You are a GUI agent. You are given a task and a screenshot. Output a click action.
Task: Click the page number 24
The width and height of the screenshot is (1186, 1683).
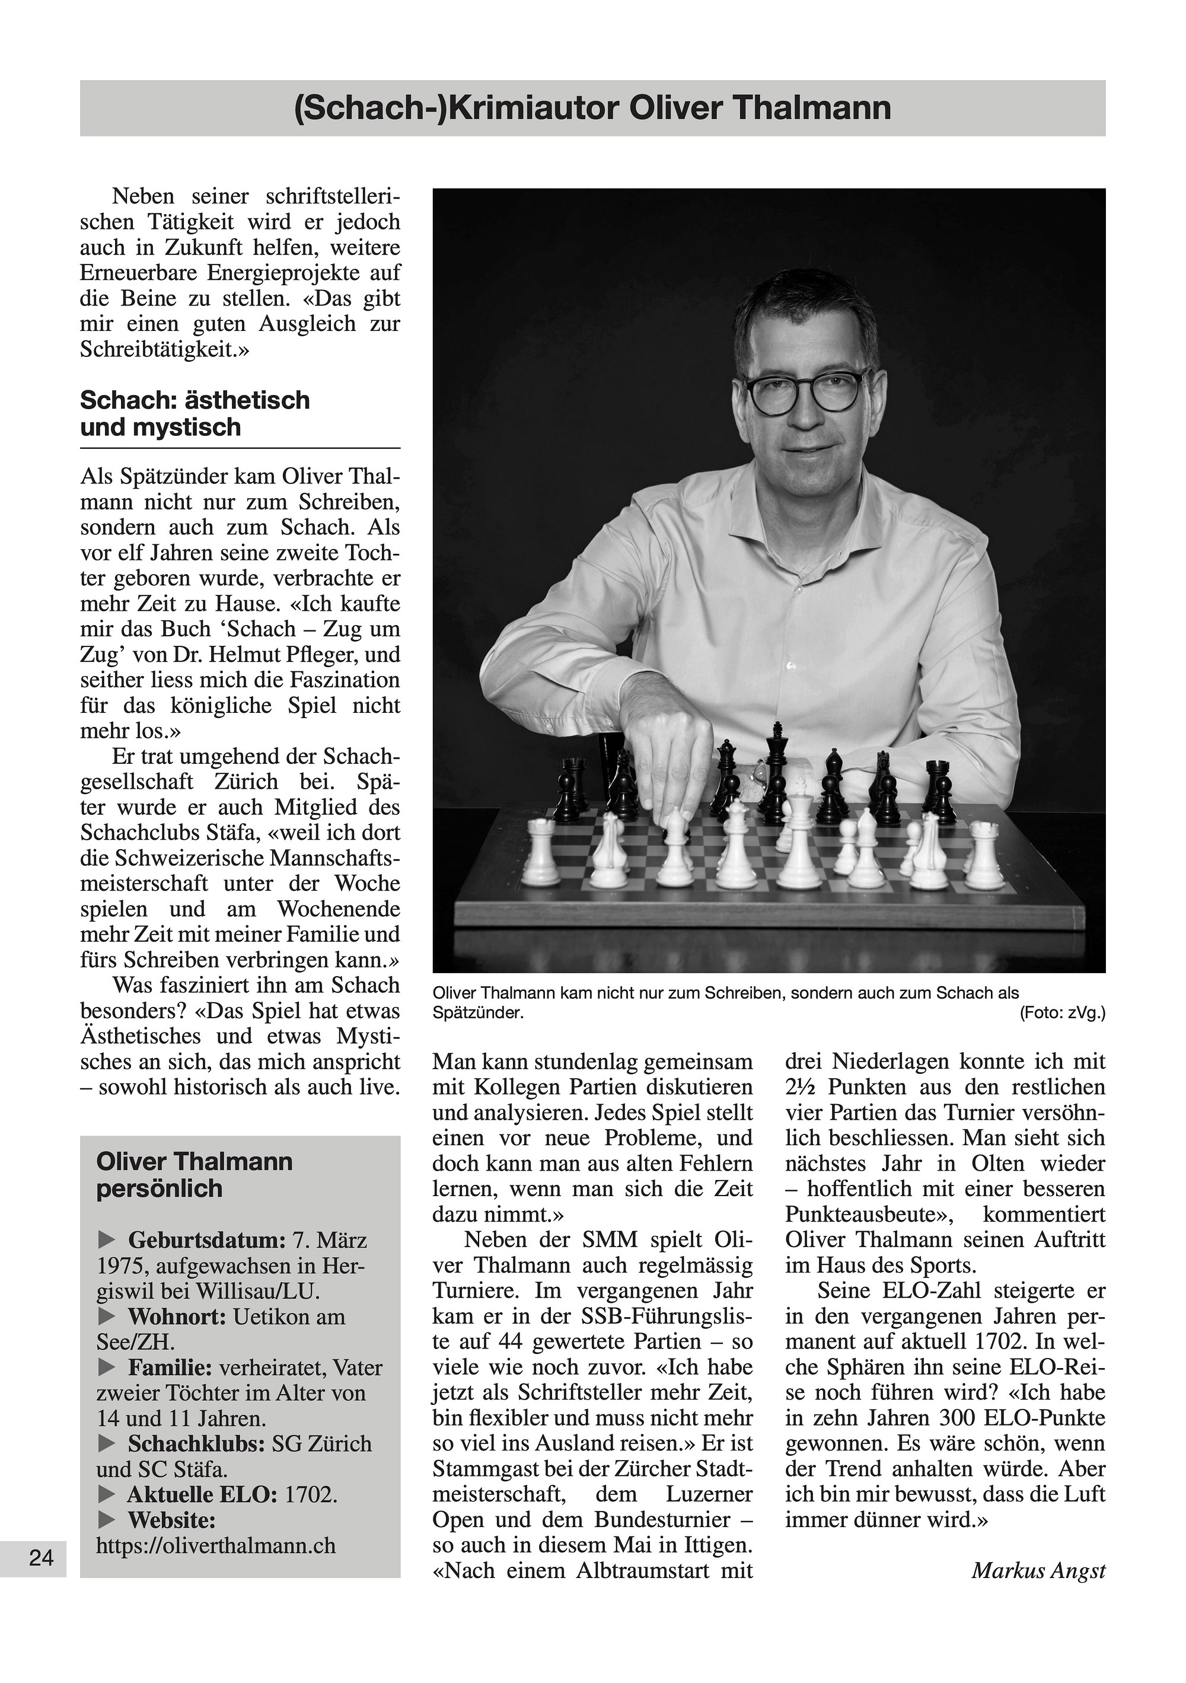(x=41, y=1557)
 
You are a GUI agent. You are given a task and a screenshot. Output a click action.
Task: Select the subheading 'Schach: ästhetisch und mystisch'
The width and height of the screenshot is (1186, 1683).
(x=195, y=413)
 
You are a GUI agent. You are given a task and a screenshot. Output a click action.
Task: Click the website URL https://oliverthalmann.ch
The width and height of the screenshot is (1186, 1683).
(x=215, y=1545)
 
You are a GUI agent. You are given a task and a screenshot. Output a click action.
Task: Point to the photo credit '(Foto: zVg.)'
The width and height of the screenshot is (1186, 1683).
(x=1062, y=1013)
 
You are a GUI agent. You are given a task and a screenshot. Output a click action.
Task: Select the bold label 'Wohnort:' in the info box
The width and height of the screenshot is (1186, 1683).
(x=177, y=1317)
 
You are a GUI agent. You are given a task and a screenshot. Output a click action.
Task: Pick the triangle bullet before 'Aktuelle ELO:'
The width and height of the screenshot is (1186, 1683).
(x=106, y=1494)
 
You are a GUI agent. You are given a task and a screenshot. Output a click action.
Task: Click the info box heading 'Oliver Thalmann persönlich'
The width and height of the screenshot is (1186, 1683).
(x=195, y=1174)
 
